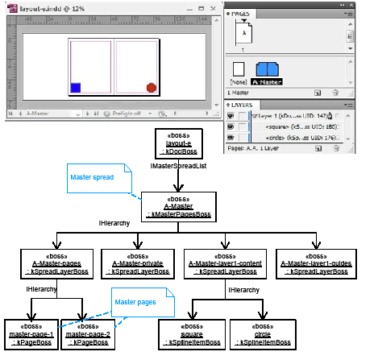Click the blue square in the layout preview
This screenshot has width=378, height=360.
(75, 88)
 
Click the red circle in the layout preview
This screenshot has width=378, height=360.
(151, 88)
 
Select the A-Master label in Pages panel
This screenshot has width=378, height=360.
(268, 81)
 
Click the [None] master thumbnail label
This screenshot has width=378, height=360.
(239, 81)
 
